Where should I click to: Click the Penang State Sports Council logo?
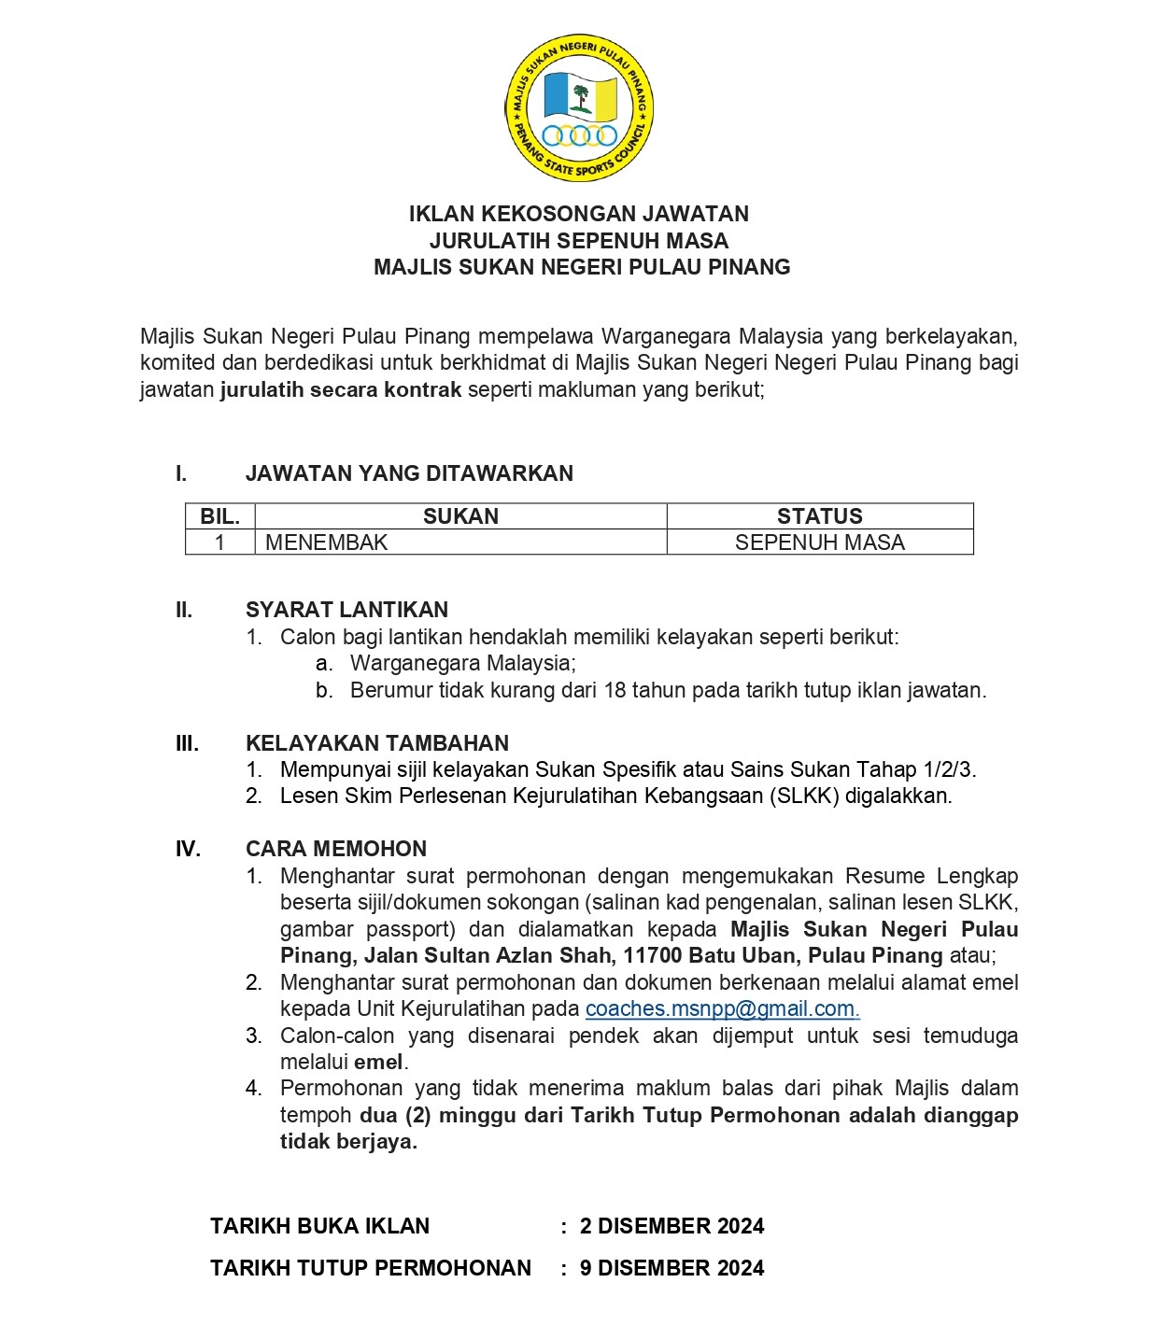579,107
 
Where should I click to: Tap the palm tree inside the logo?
582,98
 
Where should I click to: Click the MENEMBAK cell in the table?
326,543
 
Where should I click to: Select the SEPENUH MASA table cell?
819,543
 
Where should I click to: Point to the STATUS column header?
819,516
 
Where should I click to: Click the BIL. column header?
220,516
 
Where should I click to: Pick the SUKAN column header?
460,516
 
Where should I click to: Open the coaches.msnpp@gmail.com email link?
721,1008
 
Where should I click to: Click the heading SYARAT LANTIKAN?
346,610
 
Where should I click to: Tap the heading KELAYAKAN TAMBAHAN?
377,743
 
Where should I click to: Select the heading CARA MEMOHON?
336,849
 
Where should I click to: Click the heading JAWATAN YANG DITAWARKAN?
409,473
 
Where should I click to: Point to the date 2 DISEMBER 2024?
671,1226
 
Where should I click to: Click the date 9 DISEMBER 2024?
671,1268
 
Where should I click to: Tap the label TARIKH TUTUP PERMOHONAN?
370,1268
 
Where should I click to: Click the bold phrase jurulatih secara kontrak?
341,389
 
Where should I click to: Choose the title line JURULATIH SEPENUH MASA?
579,241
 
